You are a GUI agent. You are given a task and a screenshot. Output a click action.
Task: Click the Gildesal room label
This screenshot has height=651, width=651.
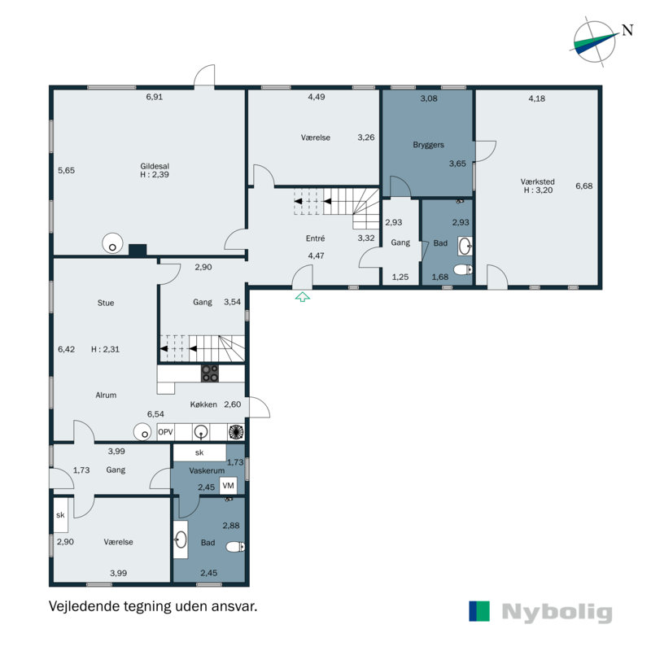coord(155,166)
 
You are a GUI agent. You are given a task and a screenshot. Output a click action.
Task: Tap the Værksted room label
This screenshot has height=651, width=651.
coord(538,181)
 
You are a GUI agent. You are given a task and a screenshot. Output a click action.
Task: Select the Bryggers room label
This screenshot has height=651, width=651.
coord(429,145)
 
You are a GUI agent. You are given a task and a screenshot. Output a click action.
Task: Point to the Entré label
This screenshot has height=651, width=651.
coord(315,238)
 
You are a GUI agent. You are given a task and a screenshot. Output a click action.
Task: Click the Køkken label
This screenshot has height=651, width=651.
coord(203,404)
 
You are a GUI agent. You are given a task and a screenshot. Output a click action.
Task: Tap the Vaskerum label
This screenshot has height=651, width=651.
coord(207,471)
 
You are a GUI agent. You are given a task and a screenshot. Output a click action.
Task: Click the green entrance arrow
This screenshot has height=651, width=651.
coord(302,296)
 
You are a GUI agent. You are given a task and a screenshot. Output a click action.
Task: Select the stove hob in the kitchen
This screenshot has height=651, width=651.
coord(210,374)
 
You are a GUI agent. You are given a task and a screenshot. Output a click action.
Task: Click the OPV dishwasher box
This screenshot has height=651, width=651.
coord(165,432)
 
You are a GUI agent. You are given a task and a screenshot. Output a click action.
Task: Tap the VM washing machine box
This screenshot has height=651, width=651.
coord(228,485)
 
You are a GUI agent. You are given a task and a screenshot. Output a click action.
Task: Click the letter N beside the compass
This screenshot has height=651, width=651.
coord(627,30)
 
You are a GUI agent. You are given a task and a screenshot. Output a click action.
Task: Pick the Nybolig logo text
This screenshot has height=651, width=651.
coord(557,612)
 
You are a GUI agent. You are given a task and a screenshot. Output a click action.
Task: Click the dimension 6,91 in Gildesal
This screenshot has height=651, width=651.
coord(155,97)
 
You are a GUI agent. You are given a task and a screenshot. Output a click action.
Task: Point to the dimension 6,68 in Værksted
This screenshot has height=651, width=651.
coord(583,186)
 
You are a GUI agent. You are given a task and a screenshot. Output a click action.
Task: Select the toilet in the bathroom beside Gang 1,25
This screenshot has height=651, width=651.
coord(463,270)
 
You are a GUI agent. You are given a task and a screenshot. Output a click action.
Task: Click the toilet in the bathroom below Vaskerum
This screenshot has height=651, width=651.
coord(235,547)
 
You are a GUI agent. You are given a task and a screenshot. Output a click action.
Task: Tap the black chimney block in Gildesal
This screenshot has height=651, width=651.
coord(138,250)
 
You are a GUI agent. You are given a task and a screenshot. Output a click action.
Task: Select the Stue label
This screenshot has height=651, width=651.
coord(106,303)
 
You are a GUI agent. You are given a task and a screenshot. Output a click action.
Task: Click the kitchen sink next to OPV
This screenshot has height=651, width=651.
coord(201,432)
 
